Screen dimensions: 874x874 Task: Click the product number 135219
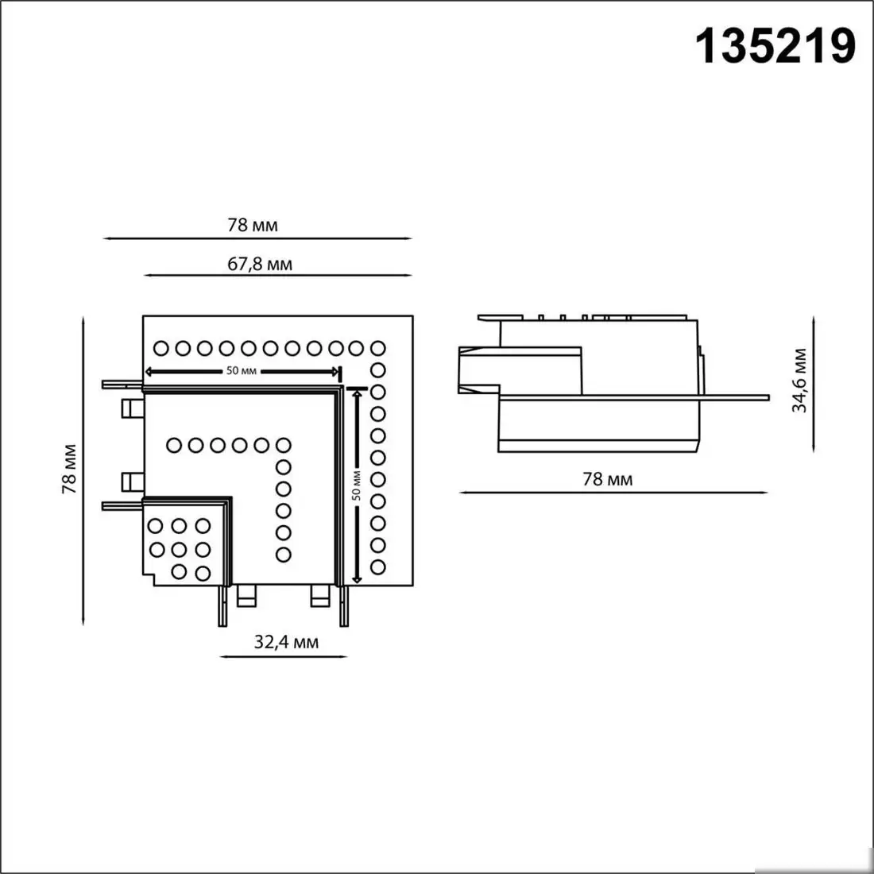(x=775, y=45)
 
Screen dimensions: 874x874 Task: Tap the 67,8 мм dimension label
(x=260, y=264)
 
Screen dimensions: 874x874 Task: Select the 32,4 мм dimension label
(x=286, y=642)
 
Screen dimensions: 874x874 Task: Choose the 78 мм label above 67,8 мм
(x=253, y=225)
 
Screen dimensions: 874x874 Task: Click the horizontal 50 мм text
(x=240, y=371)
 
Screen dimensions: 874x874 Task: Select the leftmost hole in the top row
(x=160, y=347)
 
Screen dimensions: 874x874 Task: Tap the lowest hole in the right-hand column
(x=378, y=567)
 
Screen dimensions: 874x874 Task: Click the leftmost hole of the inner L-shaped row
(x=173, y=445)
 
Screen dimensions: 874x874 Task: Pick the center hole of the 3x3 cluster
(x=180, y=548)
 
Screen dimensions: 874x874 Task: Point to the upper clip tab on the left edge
(x=130, y=408)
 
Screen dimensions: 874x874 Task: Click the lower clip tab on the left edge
(x=130, y=481)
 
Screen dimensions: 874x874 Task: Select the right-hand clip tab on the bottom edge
(x=321, y=594)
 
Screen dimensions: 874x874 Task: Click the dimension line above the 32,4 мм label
(x=283, y=656)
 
